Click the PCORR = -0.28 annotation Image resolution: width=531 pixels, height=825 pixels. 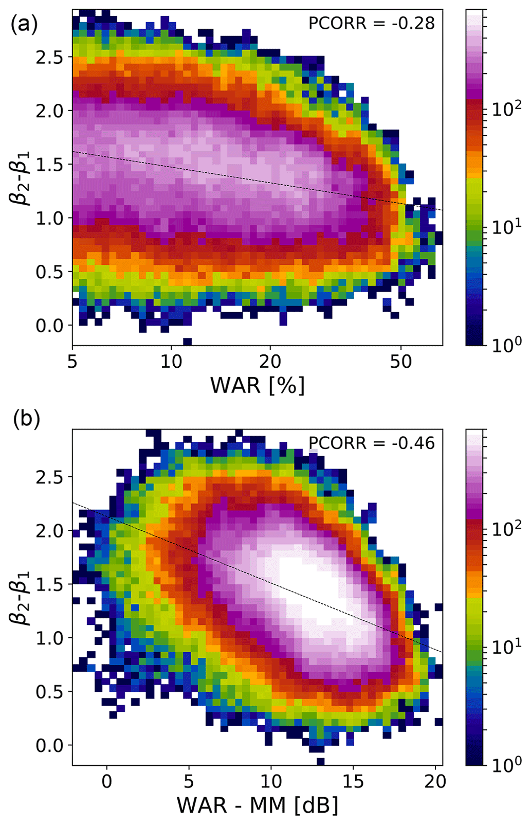coord(371,23)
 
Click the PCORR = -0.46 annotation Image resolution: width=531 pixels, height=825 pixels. coord(371,443)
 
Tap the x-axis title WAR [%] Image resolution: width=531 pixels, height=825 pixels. coord(258,385)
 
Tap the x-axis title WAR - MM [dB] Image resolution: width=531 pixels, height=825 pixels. coord(258,805)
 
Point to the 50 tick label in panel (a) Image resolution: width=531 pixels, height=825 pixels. coord(401,362)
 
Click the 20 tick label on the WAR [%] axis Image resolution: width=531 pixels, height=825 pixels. coord(270,362)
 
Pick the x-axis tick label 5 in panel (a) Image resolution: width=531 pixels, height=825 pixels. coord(72,362)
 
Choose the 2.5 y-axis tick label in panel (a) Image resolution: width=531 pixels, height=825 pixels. coord(50,57)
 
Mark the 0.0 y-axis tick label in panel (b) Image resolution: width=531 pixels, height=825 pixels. coord(50,746)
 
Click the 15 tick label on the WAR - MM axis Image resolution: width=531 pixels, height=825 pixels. coord(353,782)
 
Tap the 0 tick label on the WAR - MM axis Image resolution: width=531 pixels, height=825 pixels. coord(106,782)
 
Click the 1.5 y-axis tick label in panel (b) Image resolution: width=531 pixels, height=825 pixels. coord(50,585)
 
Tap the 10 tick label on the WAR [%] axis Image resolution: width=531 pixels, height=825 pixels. coord(171,362)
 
